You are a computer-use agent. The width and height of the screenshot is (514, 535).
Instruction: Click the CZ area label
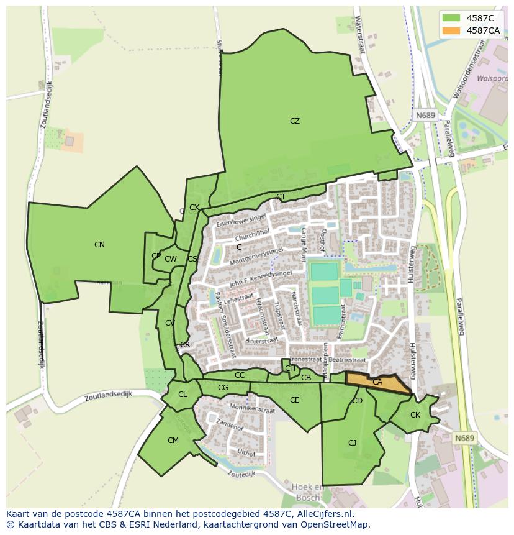pos(295,121)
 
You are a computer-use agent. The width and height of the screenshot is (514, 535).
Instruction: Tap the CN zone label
pos(99,245)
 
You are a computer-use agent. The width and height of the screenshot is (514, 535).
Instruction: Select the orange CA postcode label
pos(377,382)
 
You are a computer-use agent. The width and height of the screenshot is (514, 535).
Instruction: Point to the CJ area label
pos(352,443)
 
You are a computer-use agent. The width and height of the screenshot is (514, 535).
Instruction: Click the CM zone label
pos(173,441)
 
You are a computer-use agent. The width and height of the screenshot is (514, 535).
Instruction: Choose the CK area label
pos(415,415)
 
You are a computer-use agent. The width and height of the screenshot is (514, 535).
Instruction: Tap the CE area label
pos(295,400)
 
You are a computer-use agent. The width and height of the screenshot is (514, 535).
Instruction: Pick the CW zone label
pos(171,259)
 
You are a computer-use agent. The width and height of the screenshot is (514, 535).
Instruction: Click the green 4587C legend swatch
pos(451,18)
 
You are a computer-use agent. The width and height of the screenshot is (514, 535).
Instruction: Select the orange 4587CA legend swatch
pos(451,30)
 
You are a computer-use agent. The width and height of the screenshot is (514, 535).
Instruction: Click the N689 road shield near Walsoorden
pos(426,116)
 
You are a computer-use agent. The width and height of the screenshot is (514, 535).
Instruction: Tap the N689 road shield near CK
pos(464,438)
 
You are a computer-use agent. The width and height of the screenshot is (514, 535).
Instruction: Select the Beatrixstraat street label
pos(347,359)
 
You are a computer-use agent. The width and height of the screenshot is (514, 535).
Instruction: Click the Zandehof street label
pos(230,427)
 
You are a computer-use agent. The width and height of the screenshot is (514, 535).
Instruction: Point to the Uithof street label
pos(246,453)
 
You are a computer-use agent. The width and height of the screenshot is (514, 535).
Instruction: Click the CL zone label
pos(183,395)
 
